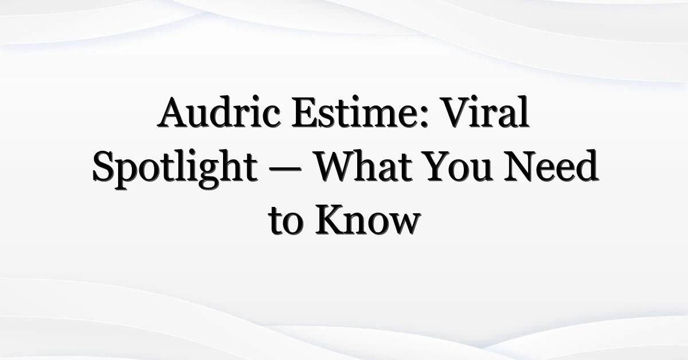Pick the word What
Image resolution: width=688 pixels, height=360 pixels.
364,166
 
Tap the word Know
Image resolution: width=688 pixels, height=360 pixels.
368,220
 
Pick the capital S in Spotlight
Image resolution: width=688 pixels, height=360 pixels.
104,166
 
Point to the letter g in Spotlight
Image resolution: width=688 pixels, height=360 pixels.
209,174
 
